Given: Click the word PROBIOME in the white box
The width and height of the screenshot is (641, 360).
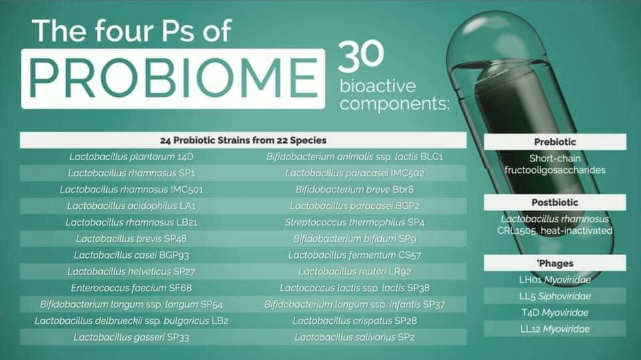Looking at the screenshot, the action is [x=173, y=78].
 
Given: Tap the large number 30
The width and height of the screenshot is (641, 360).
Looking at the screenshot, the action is [x=361, y=55].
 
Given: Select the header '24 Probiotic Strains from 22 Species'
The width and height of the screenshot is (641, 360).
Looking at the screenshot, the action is [x=243, y=140].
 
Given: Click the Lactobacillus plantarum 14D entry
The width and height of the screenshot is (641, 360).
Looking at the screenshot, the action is [x=132, y=157].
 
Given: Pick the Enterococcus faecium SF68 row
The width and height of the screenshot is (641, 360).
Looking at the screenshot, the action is [x=132, y=288].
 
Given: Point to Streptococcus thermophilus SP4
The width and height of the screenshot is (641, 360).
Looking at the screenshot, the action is [x=355, y=222].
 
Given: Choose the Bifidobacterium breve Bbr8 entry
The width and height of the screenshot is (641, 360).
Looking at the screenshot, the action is [x=355, y=190].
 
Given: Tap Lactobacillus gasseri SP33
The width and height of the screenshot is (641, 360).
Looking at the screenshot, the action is [x=132, y=337].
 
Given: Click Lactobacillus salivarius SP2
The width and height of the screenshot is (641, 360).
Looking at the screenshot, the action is [x=355, y=337].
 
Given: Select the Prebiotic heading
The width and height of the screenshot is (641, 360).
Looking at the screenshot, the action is [x=555, y=142].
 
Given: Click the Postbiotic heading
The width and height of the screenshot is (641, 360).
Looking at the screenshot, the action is [x=555, y=202].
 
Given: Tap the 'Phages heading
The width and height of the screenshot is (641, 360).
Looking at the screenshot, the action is [x=555, y=263].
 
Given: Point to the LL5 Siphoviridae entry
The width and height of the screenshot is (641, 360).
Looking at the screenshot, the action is [x=555, y=296].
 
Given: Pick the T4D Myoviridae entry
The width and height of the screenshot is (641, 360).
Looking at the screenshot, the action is [x=555, y=313].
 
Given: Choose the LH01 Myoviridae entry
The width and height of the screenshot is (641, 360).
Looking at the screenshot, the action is [x=555, y=280].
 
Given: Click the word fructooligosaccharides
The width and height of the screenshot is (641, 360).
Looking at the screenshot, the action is [x=555, y=170].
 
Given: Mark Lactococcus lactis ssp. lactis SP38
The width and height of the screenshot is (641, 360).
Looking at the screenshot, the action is [x=355, y=288].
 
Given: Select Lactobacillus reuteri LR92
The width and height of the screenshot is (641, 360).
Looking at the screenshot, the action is [x=355, y=272].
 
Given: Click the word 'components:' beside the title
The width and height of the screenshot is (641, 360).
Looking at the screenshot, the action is [x=394, y=104].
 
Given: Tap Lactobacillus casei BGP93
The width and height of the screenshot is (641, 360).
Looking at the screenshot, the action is [x=132, y=255].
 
